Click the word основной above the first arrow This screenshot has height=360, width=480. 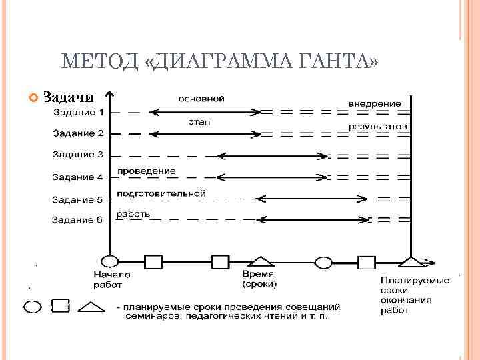[x=200, y=99]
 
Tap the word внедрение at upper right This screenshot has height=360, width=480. [x=375, y=103]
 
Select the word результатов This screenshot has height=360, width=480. [x=377, y=125]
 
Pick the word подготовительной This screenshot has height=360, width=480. [x=161, y=193]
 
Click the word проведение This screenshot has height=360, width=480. [x=146, y=171]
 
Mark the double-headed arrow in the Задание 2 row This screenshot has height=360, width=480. [x=203, y=134]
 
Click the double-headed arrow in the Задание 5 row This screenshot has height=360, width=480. [x=313, y=198]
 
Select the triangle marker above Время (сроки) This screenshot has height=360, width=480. [x=260, y=261]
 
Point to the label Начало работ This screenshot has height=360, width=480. [x=111, y=279]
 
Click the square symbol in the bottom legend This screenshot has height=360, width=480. [x=61, y=307]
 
